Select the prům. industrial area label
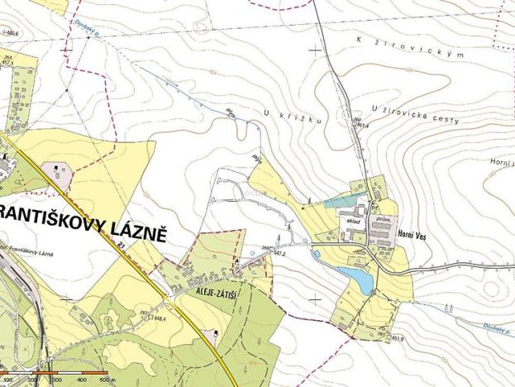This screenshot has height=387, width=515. (x=382, y=220)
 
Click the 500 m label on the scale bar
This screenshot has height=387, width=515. (x=107, y=380)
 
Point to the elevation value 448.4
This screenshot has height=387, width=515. (x=159, y=317)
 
